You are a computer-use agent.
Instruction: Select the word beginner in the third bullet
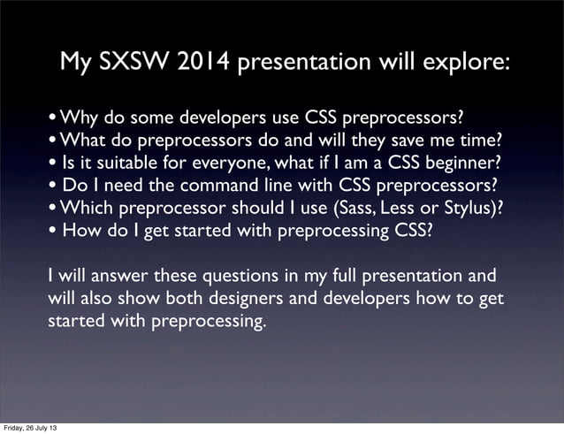coord(465,163)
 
